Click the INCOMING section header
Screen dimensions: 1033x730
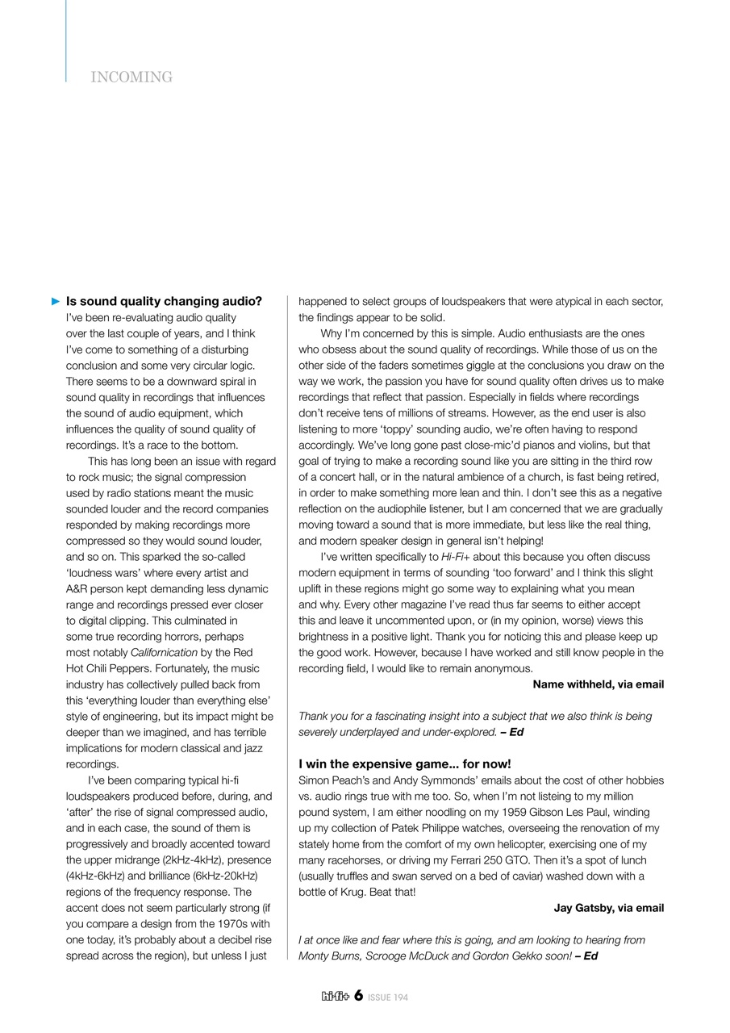(131, 77)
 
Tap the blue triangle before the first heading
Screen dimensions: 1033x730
(56, 302)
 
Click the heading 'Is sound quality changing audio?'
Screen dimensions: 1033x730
(164, 302)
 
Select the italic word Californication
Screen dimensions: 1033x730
(164, 653)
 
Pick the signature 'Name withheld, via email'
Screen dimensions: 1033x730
(598, 685)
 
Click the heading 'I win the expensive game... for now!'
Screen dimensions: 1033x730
(404, 764)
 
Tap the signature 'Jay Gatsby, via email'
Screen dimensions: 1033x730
(608, 909)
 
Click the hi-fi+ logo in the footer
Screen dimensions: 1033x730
(335, 997)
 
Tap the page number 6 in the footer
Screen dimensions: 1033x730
(358, 996)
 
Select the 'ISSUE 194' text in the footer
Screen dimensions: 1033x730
(388, 997)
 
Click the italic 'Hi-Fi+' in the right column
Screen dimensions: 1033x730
(455, 558)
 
